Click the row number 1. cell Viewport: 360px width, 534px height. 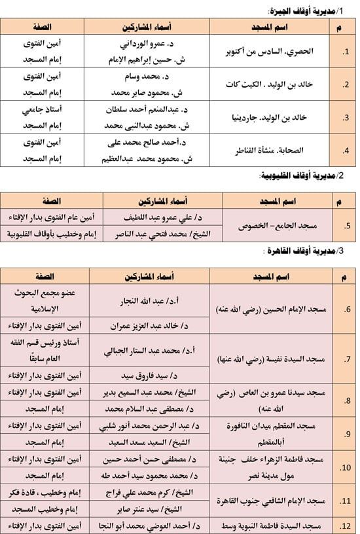344,51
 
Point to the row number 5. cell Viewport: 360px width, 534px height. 344,226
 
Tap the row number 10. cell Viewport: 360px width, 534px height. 344,467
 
